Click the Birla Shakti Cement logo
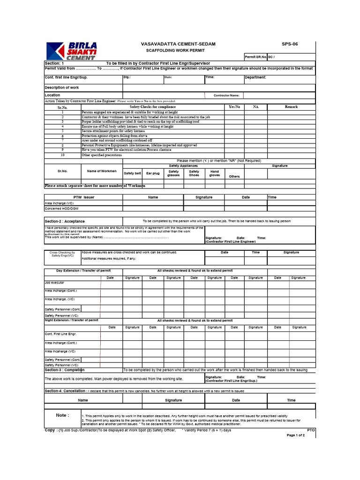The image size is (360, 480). pyautogui.click(x=71, y=51)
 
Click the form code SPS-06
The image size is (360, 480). pyautogui.click(x=289, y=44)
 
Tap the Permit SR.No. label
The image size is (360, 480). pyautogui.click(x=255, y=57)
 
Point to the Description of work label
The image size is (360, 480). pyautogui.click(x=61, y=88)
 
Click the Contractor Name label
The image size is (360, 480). pyautogui.click(x=226, y=95)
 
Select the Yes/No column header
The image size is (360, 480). pyautogui.click(x=234, y=107)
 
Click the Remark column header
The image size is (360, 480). pyautogui.click(x=291, y=107)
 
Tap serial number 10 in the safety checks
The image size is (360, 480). pyautogui.click(x=62, y=155)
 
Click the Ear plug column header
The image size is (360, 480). pyautogui.click(x=153, y=173)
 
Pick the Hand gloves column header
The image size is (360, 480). pyautogui.click(x=214, y=173)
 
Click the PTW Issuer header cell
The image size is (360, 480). pyautogui.click(x=83, y=197)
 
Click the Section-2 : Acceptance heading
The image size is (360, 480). pyautogui.click(x=65, y=221)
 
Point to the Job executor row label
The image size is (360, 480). pyautogui.click(x=54, y=283)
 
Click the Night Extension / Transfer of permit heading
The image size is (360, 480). pyautogui.click(x=71, y=320)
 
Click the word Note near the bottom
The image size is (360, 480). pyautogui.click(x=62, y=415)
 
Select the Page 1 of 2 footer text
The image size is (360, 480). pyautogui.click(x=295, y=435)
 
